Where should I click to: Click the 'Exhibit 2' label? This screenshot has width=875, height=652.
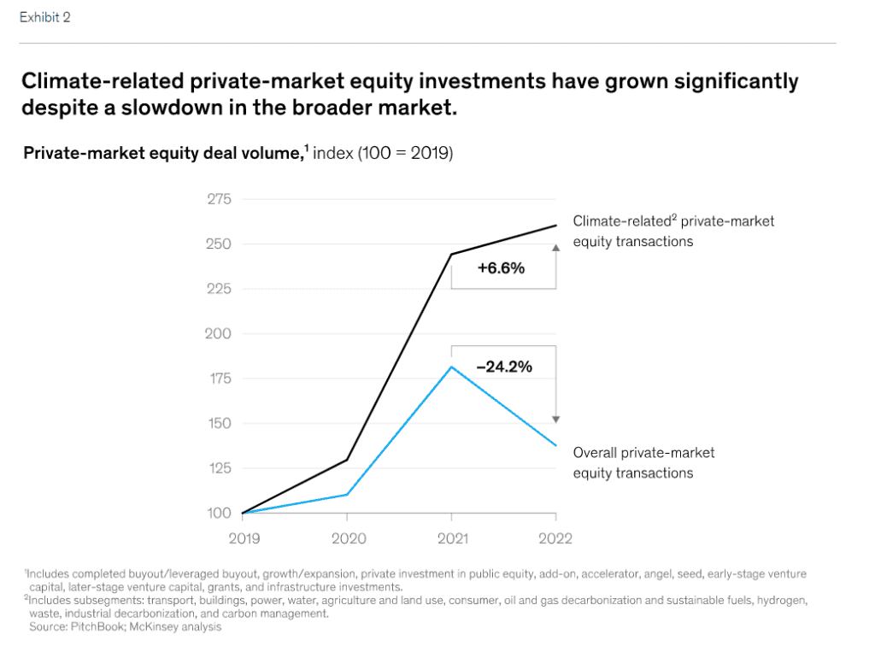[x=44, y=17]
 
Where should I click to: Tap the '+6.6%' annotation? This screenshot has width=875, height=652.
[x=501, y=267]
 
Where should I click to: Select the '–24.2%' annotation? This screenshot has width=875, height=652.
[x=503, y=367]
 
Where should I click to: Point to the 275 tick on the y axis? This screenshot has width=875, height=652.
[x=220, y=199]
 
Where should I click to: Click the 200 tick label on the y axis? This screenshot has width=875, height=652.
[x=220, y=333]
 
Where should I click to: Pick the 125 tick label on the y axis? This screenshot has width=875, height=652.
[x=220, y=468]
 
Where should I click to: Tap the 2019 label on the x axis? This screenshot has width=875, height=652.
[x=244, y=538]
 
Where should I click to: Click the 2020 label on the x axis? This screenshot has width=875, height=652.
[x=348, y=538]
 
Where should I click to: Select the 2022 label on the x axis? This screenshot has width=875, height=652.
[x=556, y=538]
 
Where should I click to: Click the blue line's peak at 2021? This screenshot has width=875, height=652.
[x=451, y=367]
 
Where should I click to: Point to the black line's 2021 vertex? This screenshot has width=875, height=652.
[x=451, y=254]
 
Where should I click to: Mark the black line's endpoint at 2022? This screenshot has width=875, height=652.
[x=556, y=226]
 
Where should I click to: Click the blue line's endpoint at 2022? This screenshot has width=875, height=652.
[x=556, y=445]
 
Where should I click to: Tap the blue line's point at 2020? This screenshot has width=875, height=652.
[x=347, y=495]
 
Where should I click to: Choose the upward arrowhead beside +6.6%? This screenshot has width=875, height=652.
[x=556, y=247]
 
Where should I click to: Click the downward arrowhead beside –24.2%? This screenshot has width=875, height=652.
[x=556, y=419]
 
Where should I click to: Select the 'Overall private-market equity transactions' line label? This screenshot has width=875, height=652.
[x=643, y=462]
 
